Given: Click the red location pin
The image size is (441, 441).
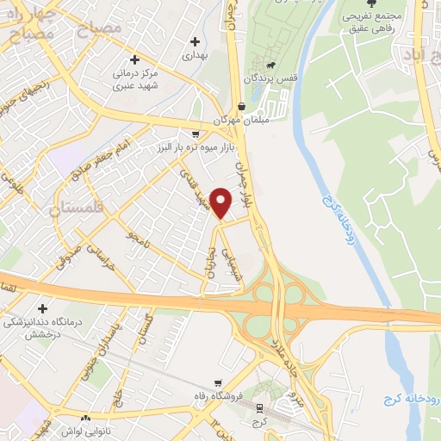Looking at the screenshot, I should coord(221,202).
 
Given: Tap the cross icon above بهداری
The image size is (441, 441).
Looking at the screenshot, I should coord(195,40).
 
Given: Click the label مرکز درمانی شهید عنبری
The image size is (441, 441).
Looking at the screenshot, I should coord(134,80).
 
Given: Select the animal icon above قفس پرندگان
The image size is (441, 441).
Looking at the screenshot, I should coord(270,65).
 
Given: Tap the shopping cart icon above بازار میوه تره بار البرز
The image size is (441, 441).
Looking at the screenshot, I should coord(196,134).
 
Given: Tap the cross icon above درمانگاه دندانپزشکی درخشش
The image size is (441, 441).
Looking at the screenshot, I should coord(42,307).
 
